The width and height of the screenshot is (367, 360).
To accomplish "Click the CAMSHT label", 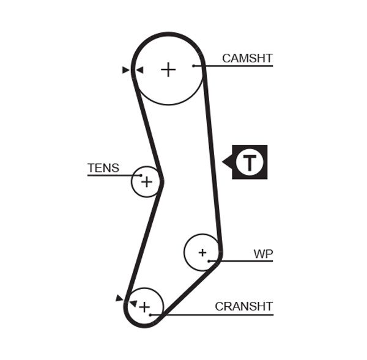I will (247, 59).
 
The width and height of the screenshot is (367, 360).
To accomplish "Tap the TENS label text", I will (103, 168).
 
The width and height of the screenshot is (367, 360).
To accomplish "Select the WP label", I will (263, 254).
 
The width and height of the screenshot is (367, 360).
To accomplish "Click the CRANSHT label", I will (243, 306).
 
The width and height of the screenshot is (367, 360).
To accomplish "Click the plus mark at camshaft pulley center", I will (168, 70).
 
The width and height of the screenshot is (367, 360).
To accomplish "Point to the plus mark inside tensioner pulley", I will (146, 182).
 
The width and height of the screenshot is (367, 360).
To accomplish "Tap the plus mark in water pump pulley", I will (202, 252).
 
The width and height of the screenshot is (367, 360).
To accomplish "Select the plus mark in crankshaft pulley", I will (144, 307).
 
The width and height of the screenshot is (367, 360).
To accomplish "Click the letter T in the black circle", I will (250, 163).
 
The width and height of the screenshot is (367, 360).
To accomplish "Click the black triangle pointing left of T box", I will (227, 163).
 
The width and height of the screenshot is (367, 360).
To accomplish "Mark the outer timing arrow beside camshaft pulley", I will (126, 70).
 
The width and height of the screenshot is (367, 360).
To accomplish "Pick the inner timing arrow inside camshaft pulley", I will (139, 70).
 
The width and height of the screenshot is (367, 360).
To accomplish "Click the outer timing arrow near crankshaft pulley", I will (119, 298).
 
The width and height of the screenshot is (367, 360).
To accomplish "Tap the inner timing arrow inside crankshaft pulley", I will (133, 303).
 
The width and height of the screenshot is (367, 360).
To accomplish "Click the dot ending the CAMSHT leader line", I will (193, 65).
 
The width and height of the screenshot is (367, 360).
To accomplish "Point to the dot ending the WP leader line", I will (209, 261).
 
